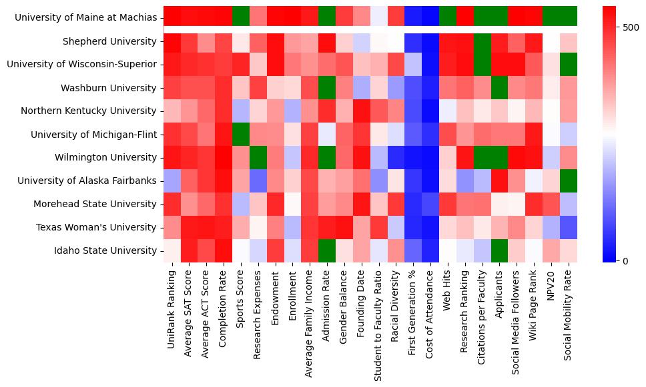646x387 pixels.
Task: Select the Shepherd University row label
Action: (109, 41)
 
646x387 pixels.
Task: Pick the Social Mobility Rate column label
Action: (568, 314)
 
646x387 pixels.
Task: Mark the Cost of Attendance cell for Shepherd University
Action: (431, 41)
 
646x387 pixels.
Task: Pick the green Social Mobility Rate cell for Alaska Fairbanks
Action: (569, 181)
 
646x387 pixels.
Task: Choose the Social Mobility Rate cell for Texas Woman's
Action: (569, 227)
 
